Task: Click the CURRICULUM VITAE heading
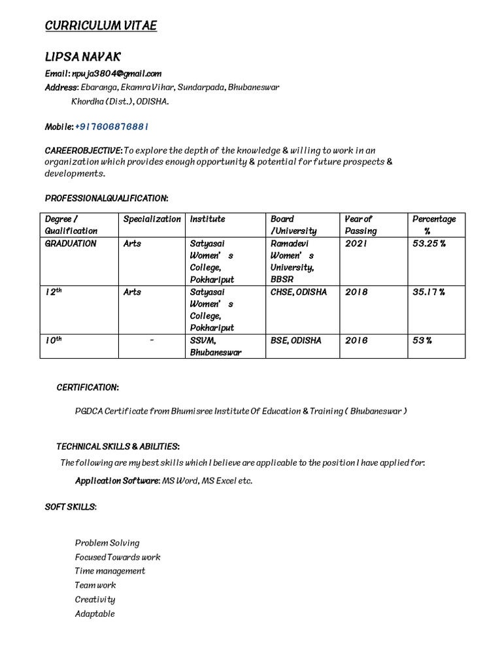pyautogui.click(x=101, y=25)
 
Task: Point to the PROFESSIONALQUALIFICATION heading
pyautogui.click(x=106, y=197)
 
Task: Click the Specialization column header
pyautogui.click(x=152, y=219)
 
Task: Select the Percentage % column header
pyautogui.click(x=433, y=225)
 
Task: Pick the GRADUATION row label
pyautogui.click(x=71, y=243)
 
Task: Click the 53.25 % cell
pyautogui.click(x=429, y=243)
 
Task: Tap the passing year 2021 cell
pyautogui.click(x=356, y=243)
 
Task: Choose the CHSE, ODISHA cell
pyautogui.click(x=298, y=292)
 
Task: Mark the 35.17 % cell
pyautogui.click(x=429, y=292)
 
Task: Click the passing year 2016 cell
pyautogui.click(x=356, y=340)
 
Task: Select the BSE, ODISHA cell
pyautogui.click(x=295, y=340)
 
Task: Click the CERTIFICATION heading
pyautogui.click(x=88, y=387)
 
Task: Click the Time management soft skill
pyautogui.click(x=110, y=570)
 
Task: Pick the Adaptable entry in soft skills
pyautogui.click(x=95, y=613)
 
